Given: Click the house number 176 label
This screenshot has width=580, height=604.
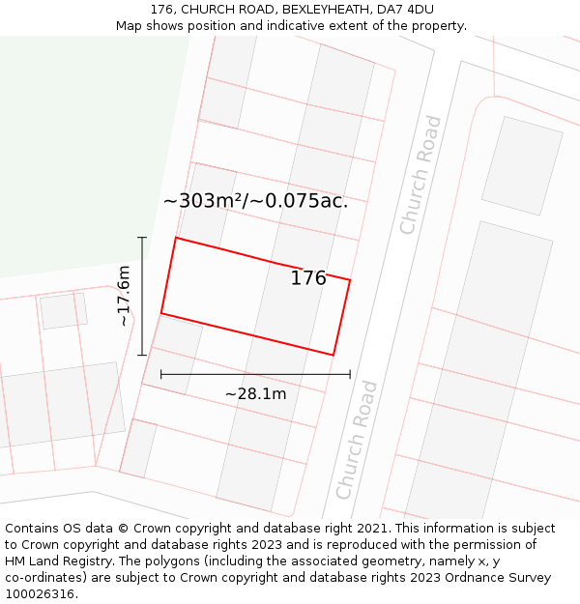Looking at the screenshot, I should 308,278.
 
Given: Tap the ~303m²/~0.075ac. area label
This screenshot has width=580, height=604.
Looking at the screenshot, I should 255,201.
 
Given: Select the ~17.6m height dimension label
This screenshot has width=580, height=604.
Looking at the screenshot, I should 124,296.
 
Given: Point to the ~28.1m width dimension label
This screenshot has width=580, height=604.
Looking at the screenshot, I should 255,393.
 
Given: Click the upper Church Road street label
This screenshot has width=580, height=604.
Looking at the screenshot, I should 420,175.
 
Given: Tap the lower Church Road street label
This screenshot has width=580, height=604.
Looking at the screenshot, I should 357,440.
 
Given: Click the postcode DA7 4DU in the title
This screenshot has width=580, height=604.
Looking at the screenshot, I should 406,10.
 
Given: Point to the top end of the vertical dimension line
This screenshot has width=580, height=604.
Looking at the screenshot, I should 143,238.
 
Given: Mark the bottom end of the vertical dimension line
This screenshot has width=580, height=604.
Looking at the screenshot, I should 143,355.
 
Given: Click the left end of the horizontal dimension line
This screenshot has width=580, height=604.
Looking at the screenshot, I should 161,373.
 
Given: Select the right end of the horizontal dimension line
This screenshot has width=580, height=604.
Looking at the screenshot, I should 350,373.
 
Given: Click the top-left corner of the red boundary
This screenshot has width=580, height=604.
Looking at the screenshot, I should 175,238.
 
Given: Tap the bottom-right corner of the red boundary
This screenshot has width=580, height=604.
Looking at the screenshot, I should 333,355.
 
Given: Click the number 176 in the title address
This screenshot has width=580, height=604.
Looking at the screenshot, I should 161,10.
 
